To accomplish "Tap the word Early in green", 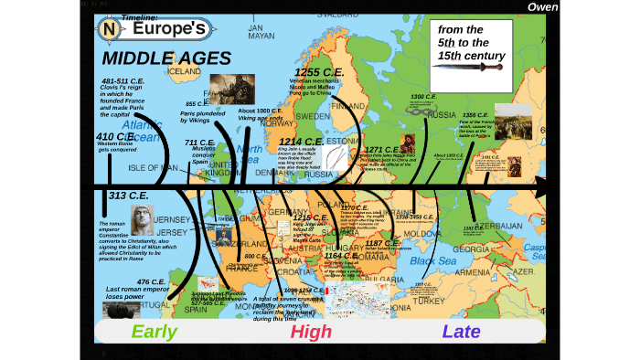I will click(154, 331).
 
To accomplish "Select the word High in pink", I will click(311, 331).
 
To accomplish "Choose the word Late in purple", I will click(461, 331).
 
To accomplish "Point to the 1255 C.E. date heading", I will click(317, 71).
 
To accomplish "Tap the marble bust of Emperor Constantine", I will click(142, 219).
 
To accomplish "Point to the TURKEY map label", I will click(427, 300).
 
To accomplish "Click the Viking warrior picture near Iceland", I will click(232, 90).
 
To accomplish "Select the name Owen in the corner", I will click(542, 7).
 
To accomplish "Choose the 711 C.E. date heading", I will click(198, 143).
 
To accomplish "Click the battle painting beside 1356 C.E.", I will click(513, 121).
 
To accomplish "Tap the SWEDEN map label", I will click(314, 117).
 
